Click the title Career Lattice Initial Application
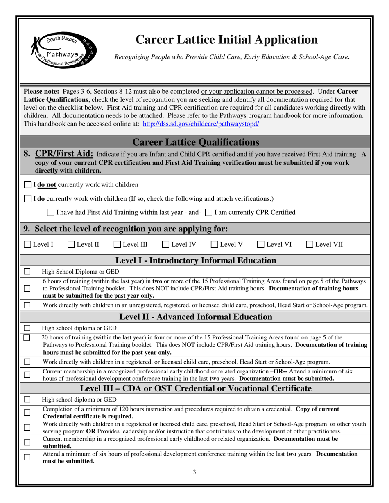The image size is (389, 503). [x=226, y=39]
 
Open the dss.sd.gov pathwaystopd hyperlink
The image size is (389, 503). [x=201, y=124]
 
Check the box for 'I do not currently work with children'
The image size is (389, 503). [x=27, y=184]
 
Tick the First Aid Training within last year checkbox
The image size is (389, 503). [x=50, y=212]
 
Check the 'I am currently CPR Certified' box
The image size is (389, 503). [x=208, y=212]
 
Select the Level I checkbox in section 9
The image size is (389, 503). [x=27, y=245]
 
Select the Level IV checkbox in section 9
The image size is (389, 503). [x=165, y=245]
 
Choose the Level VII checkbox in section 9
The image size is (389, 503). [x=310, y=245]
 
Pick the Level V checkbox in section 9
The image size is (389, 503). [x=215, y=245]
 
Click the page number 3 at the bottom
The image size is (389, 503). [x=194, y=472]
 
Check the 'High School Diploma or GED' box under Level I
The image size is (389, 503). [x=27, y=271]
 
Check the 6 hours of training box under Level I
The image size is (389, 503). [x=27, y=288]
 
